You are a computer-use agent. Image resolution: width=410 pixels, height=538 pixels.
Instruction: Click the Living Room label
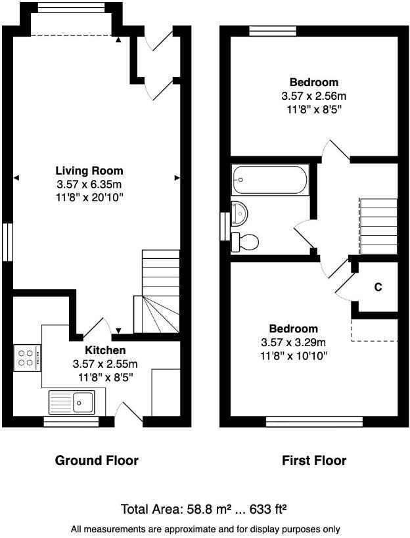[89, 171]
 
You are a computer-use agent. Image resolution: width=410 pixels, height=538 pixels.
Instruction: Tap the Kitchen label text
[105, 351]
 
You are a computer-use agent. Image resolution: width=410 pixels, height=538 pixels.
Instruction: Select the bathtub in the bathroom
[270, 179]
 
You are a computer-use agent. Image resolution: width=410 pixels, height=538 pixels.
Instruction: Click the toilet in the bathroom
[246, 241]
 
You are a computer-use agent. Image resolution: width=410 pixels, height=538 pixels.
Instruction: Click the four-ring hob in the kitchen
[27, 358]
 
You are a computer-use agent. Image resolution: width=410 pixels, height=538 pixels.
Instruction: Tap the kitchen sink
[73, 401]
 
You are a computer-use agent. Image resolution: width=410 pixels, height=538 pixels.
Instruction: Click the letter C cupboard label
[378, 287]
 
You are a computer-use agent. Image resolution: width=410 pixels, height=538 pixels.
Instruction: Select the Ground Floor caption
[96, 460]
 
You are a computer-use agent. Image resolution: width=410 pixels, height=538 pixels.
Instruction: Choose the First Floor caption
[314, 460]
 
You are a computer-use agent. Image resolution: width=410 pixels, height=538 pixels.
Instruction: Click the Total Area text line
[205, 509]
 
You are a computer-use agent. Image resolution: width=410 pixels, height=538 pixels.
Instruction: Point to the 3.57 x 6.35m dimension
[89, 183]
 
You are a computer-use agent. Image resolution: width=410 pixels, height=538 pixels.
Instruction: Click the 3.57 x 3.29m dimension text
[294, 342]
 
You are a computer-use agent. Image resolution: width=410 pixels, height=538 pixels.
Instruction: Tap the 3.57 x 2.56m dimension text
[314, 96]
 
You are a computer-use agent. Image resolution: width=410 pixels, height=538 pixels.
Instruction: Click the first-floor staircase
[378, 227]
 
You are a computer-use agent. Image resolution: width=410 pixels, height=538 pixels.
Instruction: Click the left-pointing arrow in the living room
[16, 177]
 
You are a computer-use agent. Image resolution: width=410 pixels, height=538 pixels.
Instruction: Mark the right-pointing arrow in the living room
[177, 177]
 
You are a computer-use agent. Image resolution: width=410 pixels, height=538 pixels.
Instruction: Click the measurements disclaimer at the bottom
[205, 529]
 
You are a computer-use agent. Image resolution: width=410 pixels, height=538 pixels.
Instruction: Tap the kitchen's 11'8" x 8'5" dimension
[105, 377]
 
